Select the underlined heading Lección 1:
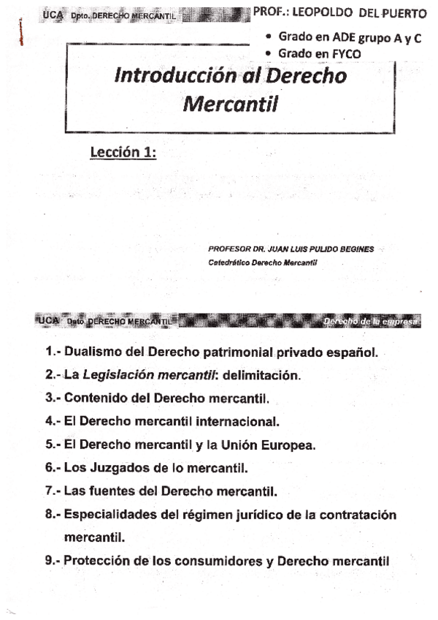click(123, 153)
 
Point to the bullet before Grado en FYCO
click(269, 53)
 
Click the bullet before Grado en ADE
click(269, 38)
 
